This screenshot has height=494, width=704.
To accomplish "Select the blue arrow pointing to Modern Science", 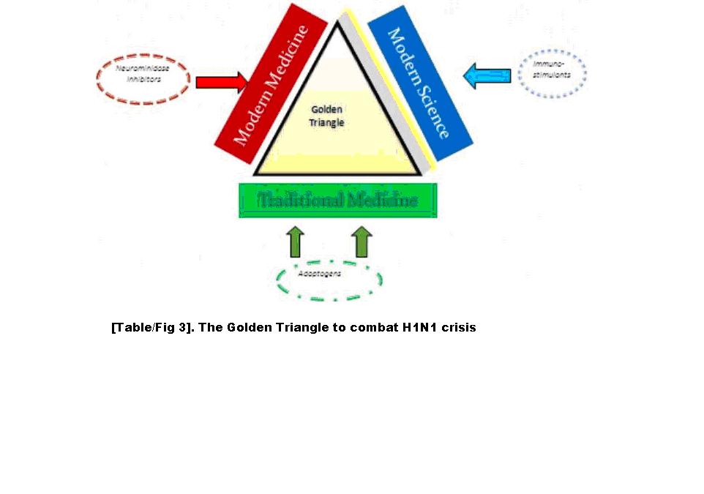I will coord(488,75).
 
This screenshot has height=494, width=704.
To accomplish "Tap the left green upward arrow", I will coord(295,242).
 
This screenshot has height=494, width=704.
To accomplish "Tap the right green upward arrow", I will coord(362,242).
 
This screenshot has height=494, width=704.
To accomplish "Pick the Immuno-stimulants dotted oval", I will coord(552,73).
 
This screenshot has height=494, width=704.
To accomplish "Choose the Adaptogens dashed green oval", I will coord(329,279).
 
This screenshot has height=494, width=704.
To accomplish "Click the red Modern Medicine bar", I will coord(269,84).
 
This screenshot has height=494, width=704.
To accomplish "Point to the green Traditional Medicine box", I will coord(338,200).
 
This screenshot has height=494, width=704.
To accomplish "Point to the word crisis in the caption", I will coord(460,327).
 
